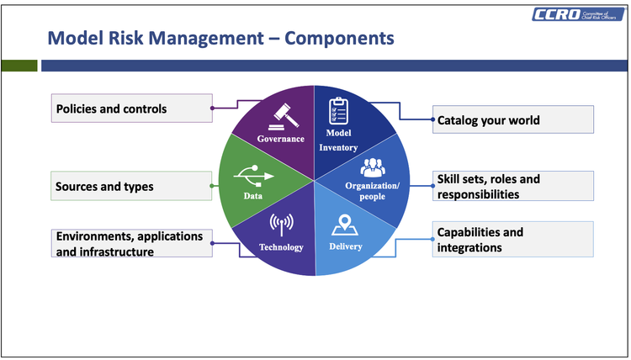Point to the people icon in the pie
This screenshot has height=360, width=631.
click(372, 167)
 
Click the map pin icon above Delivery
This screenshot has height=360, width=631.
click(342, 225)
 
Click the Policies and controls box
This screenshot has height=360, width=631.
click(131, 109)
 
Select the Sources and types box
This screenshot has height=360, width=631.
click(131, 186)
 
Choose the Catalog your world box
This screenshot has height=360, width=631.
click(513, 120)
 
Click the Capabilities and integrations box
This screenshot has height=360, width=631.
click(513, 240)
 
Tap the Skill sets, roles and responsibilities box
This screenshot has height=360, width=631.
click(513, 187)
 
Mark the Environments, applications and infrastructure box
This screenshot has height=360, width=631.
click(131, 243)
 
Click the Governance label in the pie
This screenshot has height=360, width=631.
click(281, 138)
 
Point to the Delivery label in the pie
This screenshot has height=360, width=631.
click(345, 247)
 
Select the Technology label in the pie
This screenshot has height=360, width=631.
click(281, 247)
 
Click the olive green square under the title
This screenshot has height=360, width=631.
click(19, 66)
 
